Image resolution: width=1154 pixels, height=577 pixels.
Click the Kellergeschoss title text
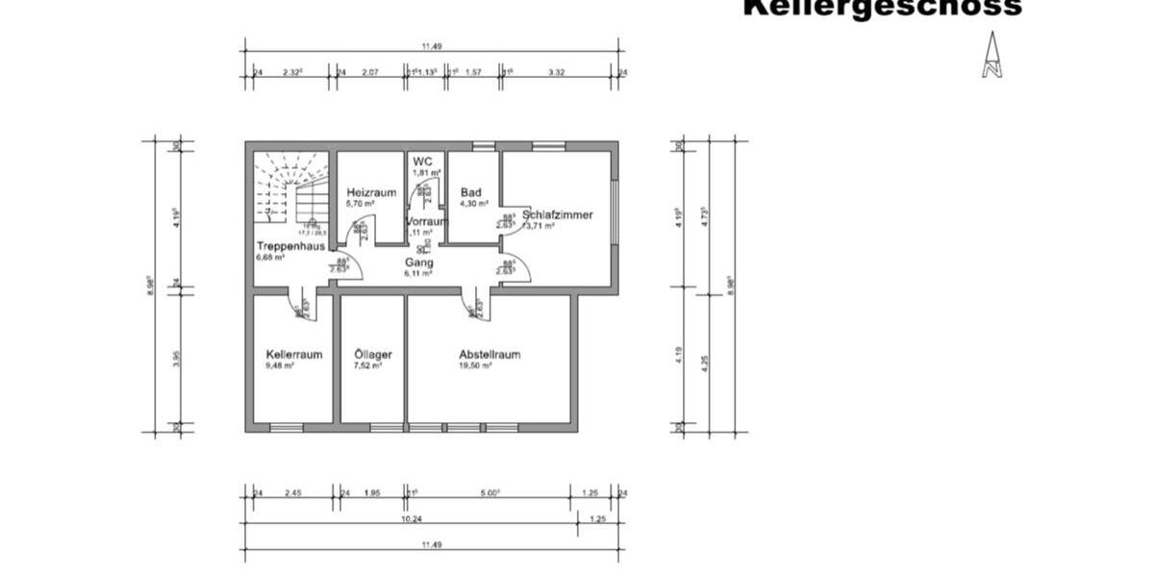(x=882, y=8)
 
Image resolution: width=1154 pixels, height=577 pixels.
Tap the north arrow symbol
(x=991, y=55)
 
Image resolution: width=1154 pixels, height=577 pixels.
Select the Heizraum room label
(x=370, y=193)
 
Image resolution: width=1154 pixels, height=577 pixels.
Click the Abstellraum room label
(x=489, y=354)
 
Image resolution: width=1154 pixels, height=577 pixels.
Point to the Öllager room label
(x=372, y=354)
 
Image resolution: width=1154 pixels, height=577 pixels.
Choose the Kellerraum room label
(x=293, y=354)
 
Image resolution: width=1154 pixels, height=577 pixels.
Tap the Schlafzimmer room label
(x=559, y=214)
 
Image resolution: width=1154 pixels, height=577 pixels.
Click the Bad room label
(x=470, y=192)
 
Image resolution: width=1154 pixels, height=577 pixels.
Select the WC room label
(x=423, y=161)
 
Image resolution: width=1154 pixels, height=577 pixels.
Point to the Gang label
(x=418, y=262)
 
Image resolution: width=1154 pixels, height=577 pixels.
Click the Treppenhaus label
(x=289, y=246)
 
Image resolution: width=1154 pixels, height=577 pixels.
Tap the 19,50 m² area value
(x=475, y=365)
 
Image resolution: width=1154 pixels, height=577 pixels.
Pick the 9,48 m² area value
(x=280, y=365)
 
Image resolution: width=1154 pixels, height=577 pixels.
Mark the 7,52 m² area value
(x=367, y=365)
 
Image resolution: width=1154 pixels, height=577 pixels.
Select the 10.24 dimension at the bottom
(x=411, y=518)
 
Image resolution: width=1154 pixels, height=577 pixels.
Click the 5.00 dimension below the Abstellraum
(x=489, y=493)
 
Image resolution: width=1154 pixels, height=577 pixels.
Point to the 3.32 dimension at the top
(x=556, y=72)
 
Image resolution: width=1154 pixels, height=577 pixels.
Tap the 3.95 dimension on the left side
(x=176, y=358)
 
